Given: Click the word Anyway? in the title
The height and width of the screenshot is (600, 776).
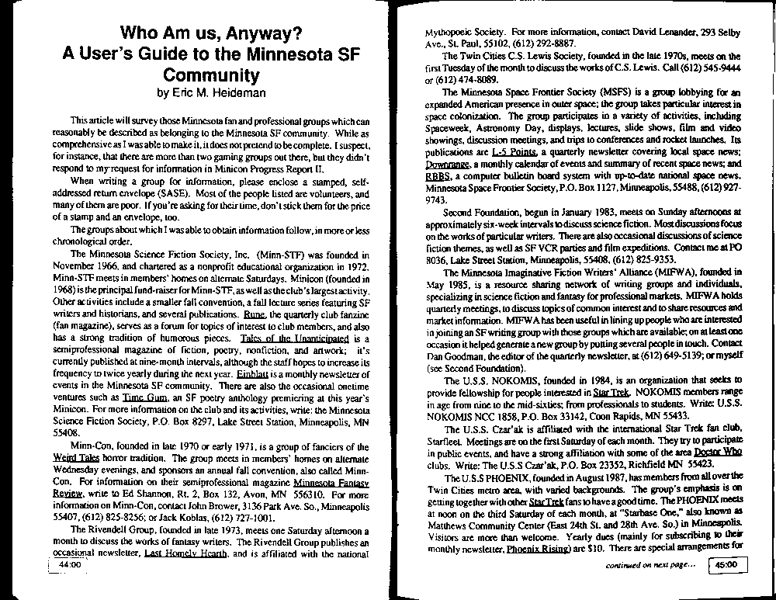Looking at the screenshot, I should [265, 34].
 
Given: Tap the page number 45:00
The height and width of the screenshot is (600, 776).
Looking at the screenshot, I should [733, 566].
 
